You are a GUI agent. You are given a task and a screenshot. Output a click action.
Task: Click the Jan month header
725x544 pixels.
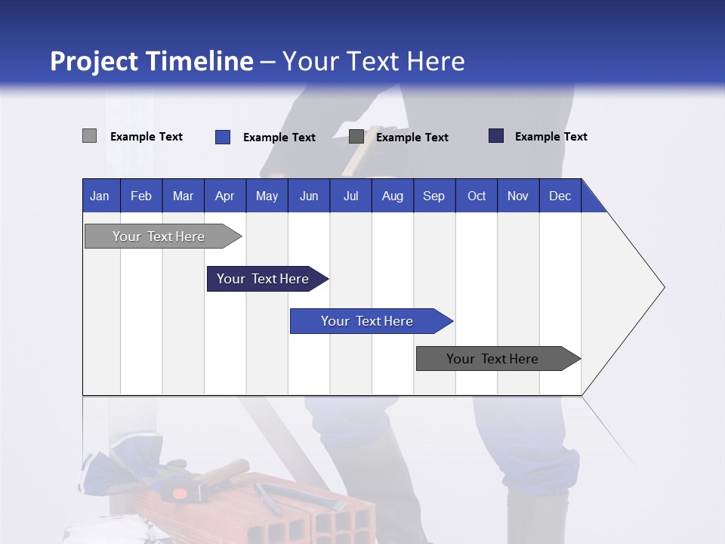click(x=100, y=196)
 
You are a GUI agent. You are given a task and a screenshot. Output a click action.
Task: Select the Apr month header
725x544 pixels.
click(x=224, y=196)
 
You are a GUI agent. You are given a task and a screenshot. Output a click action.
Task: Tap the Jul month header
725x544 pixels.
click(x=350, y=196)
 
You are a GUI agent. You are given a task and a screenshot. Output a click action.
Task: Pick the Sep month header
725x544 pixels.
click(x=433, y=196)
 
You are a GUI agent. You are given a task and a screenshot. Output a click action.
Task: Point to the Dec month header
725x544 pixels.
click(x=560, y=196)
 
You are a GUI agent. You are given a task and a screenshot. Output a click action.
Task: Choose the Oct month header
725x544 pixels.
click(x=477, y=196)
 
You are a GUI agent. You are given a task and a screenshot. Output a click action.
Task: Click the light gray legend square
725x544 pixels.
click(x=89, y=136)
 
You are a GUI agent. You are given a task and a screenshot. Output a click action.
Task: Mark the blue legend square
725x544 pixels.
click(x=223, y=137)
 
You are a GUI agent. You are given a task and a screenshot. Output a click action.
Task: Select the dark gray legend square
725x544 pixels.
click(x=356, y=137)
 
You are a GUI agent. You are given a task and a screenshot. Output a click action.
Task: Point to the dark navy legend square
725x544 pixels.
click(x=496, y=136)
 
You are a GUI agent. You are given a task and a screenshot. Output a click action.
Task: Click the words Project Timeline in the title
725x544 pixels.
click(x=152, y=61)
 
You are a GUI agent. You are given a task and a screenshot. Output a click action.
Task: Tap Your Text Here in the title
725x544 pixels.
click(x=373, y=61)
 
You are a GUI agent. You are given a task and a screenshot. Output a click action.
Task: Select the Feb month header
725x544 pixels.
click(x=141, y=196)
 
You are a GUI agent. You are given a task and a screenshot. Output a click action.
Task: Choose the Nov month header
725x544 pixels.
click(x=518, y=196)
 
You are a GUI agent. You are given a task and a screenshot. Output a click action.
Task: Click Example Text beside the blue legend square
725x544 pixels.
click(x=279, y=138)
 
